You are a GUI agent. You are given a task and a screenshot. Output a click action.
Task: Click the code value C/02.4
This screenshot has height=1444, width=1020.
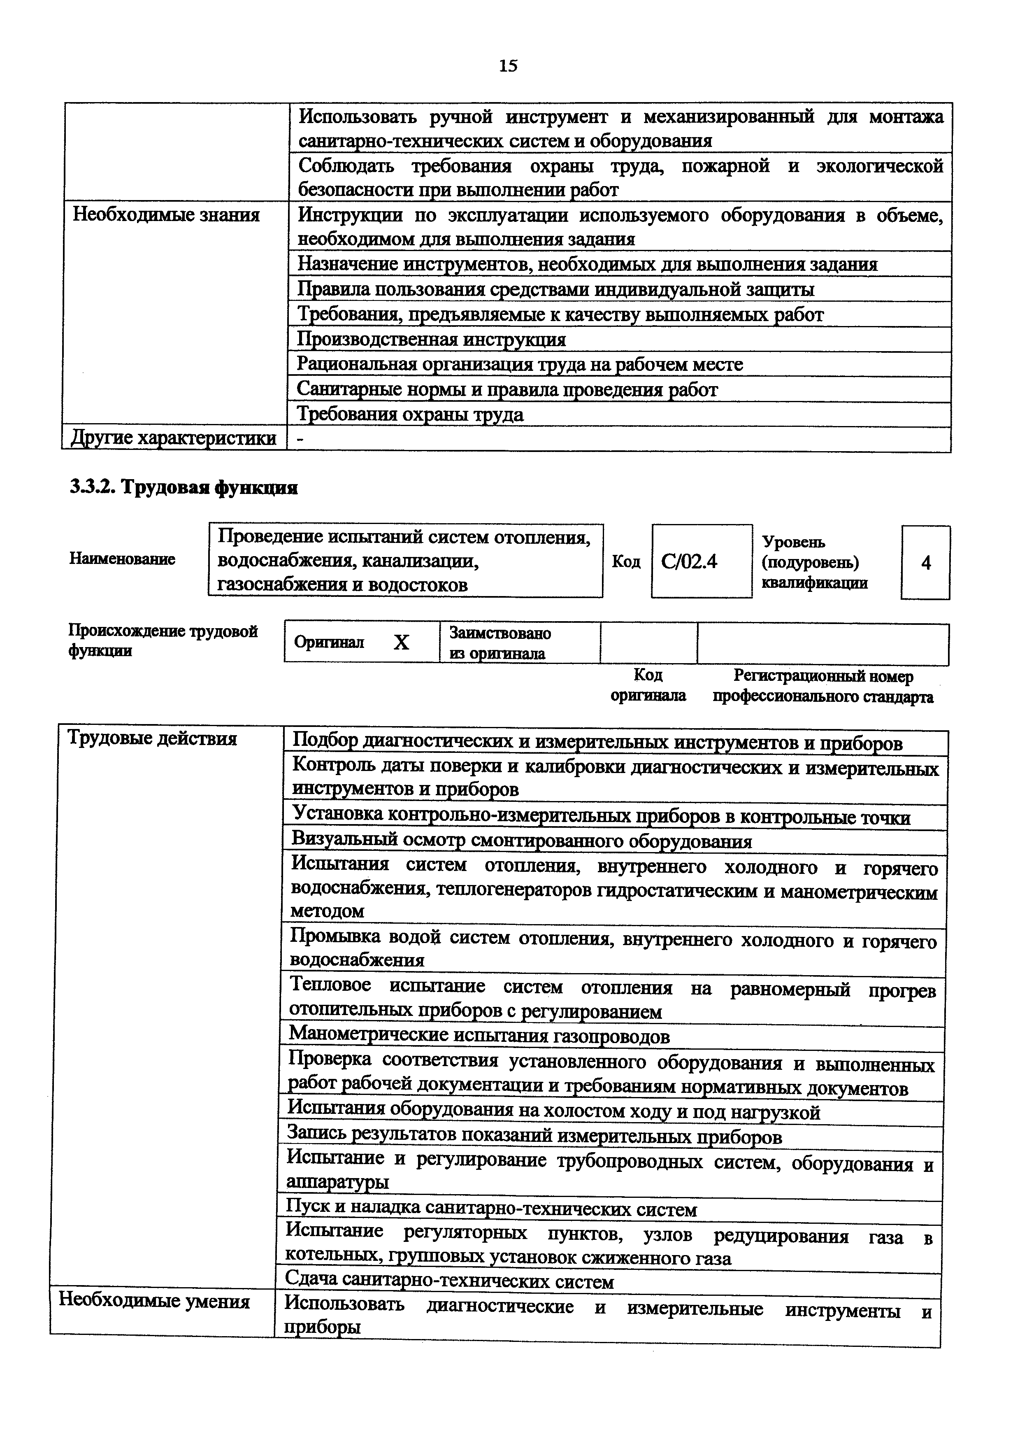tap(690, 561)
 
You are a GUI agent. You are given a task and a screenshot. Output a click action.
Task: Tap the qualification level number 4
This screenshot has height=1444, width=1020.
tap(926, 563)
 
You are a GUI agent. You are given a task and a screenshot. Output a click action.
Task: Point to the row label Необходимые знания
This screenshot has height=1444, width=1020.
tap(167, 215)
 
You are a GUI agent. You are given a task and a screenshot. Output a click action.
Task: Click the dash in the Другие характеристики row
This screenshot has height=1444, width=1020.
tap(300, 440)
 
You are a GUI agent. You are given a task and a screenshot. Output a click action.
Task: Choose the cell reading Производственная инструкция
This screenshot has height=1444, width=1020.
tap(431, 340)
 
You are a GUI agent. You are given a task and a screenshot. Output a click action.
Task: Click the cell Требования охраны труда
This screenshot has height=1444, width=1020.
tap(410, 415)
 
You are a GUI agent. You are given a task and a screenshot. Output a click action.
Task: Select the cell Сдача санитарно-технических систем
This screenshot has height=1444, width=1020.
tap(449, 1281)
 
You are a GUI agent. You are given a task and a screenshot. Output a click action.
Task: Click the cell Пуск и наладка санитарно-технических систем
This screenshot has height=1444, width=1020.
tap(491, 1209)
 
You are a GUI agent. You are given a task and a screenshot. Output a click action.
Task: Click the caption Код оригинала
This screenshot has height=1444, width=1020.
tap(648, 685)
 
